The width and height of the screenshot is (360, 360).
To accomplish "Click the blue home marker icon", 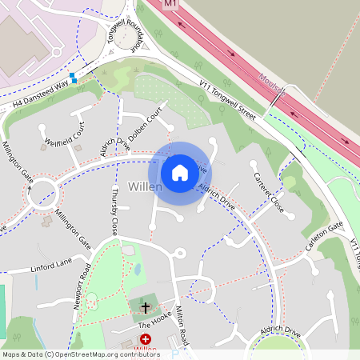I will tap(180, 173).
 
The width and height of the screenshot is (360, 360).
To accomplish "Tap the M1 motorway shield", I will tap(169, 4).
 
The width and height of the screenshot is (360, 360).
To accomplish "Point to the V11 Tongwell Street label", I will tap(227, 99).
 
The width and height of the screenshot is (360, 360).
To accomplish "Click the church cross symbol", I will tap(146, 306).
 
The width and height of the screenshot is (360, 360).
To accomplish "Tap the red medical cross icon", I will tap(146, 339).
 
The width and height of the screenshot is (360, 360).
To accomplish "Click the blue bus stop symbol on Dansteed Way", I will tap(73, 78).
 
